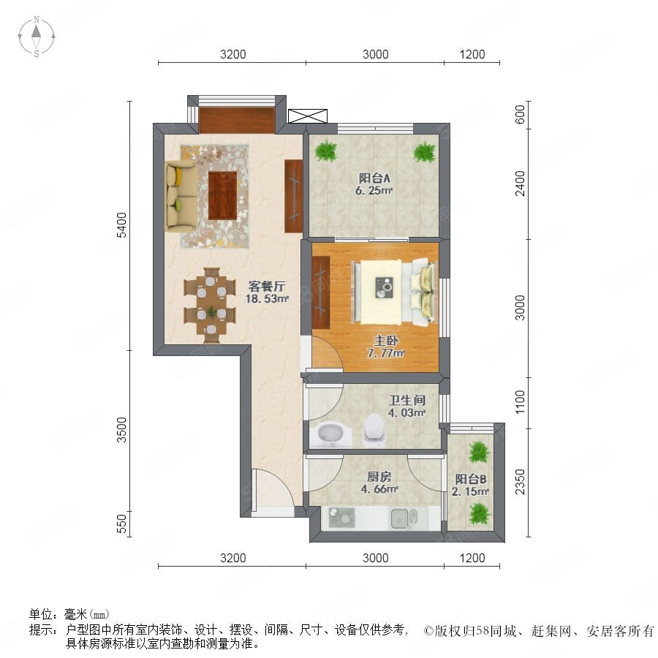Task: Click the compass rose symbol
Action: click(x=37, y=37)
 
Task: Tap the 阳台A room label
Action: click(x=374, y=178)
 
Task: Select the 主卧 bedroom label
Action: click(x=386, y=340)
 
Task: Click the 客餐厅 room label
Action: click(x=267, y=287)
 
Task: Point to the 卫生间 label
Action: click(x=406, y=401)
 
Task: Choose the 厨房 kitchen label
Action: click(x=379, y=477)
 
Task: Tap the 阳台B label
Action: click(x=471, y=479)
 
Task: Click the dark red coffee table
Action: click(x=222, y=194)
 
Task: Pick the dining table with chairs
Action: click(x=210, y=306)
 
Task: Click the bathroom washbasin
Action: click(x=330, y=434)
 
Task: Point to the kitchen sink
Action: click(x=404, y=519)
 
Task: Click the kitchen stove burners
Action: click(x=341, y=518)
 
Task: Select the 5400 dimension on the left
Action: click(x=121, y=225)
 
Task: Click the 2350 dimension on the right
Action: click(x=520, y=483)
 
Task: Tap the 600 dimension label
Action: click(x=520, y=115)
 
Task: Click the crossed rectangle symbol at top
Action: click(x=308, y=116)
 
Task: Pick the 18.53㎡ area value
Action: click(x=268, y=299)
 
